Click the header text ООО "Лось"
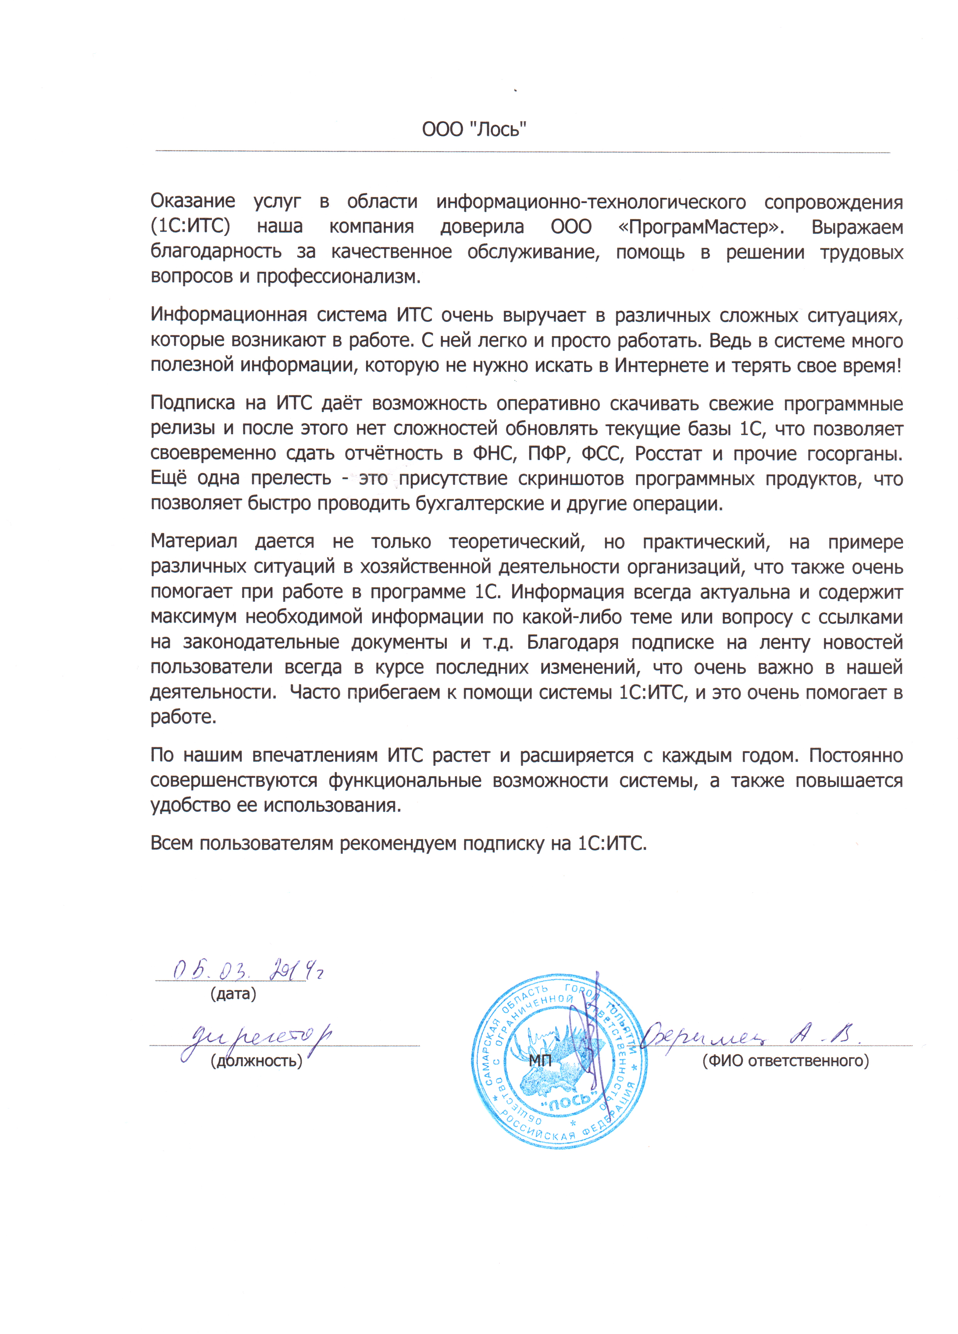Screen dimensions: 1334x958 pyautogui.click(x=474, y=129)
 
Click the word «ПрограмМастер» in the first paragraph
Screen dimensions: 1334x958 pyautogui.click(x=701, y=227)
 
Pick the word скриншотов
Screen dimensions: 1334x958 pyautogui.click(x=570, y=479)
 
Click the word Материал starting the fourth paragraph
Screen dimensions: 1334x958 pyautogui.click(x=193, y=541)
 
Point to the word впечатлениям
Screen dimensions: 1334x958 pyautogui.click(x=314, y=755)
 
